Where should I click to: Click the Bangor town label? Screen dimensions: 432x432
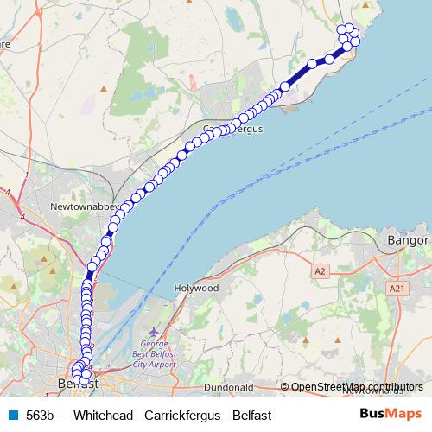click(x=409, y=239)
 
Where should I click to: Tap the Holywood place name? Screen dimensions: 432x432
click(x=197, y=289)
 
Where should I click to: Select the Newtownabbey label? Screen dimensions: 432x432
click(x=83, y=208)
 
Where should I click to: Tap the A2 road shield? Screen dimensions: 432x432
click(x=321, y=271)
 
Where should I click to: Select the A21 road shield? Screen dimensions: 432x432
click(x=397, y=288)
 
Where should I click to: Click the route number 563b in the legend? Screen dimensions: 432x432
click(x=40, y=415)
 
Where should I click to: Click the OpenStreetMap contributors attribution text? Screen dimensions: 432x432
click(x=352, y=387)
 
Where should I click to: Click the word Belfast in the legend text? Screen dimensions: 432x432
click(x=251, y=415)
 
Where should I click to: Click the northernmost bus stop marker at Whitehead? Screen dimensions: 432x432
click(x=349, y=29)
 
